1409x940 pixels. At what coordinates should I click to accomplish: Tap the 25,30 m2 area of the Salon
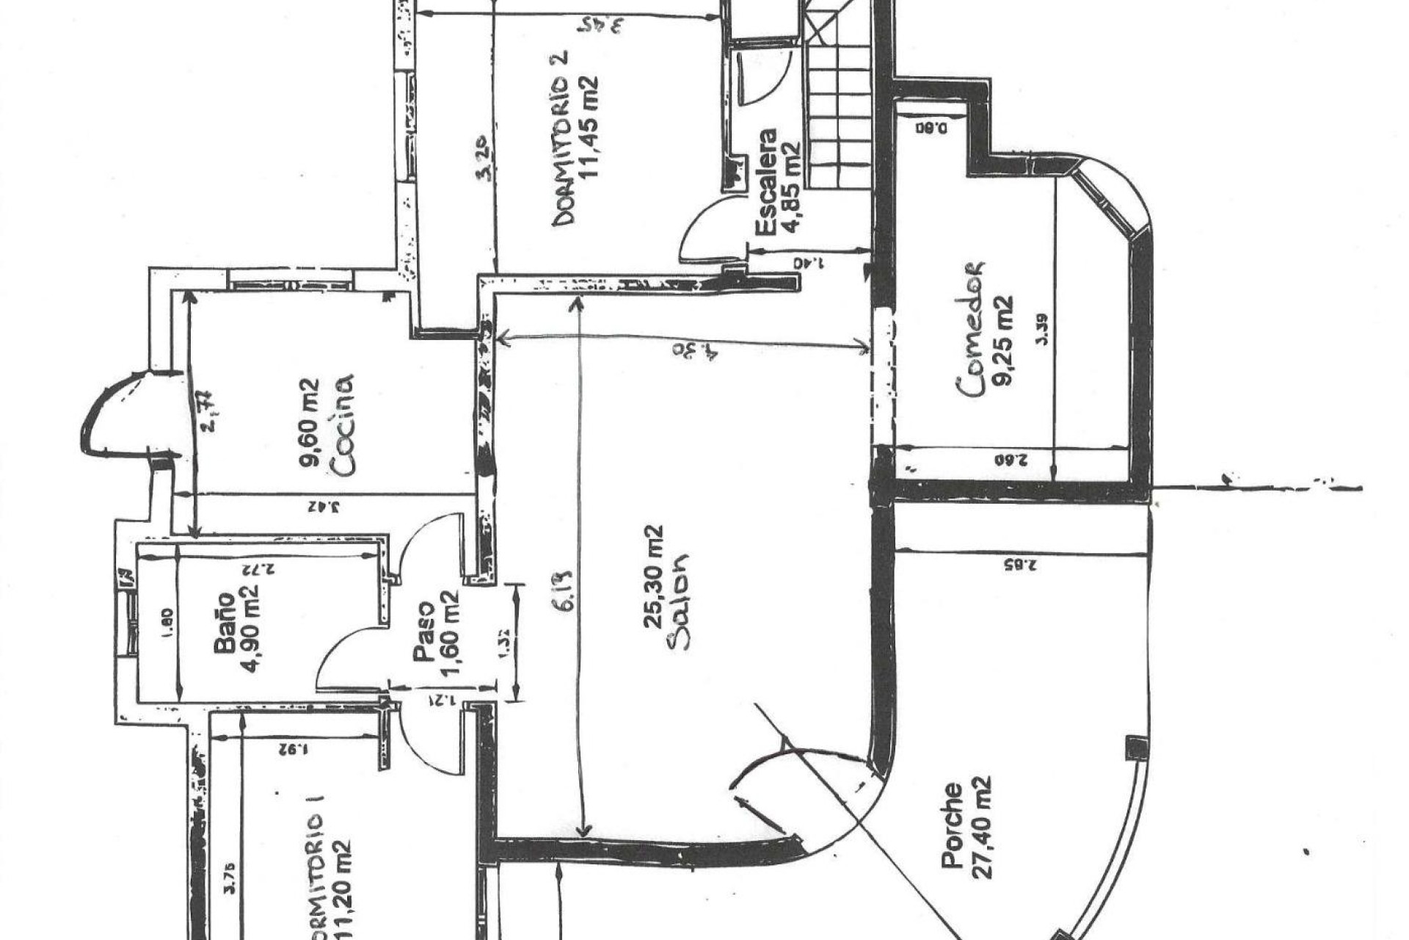pyautogui.click(x=653, y=576)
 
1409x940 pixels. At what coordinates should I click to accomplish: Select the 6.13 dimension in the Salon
pyautogui.click(x=564, y=595)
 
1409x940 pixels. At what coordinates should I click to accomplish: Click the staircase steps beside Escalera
pyautogui.click(x=840, y=110)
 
